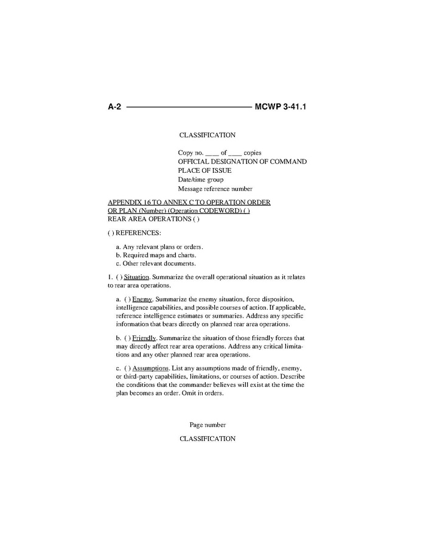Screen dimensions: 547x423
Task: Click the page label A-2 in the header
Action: click(x=114, y=107)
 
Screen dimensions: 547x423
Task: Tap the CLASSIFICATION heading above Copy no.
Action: click(x=207, y=135)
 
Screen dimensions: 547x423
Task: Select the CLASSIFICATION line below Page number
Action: click(x=207, y=439)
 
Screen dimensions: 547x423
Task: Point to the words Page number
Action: click(x=208, y=425)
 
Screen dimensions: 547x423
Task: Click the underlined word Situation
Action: click(x=136, y=277)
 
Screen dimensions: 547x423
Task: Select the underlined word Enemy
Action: click(x=142, y=299)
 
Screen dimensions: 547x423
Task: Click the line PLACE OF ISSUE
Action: click(x=205, y=170)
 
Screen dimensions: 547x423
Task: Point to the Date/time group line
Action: click(x=200, y=179)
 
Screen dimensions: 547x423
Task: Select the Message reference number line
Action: click(x=215, y=189)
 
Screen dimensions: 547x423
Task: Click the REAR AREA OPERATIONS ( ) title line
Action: click(x=153, y=219)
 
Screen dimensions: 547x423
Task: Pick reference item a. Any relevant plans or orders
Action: click(x=159, y=246)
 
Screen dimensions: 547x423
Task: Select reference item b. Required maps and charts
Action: click(x=156, y=255)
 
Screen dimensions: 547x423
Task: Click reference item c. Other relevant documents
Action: click(x=156, y=263)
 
